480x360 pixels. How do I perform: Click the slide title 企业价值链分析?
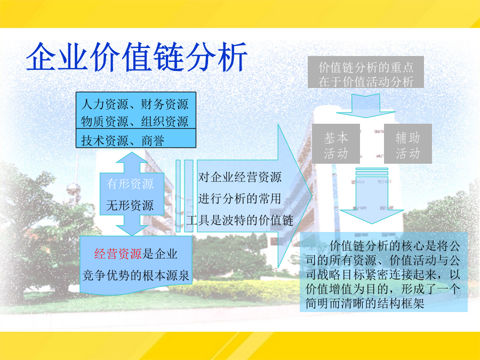[x=137, y=57]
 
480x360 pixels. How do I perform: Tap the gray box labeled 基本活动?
[x=336, y=143]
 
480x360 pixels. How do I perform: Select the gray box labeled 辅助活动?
[x=408, y=143]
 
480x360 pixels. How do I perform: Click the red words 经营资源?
[x=118, y=254]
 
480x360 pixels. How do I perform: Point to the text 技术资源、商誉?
[x=123, y=140]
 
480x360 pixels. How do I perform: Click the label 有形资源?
[x=130, y=183]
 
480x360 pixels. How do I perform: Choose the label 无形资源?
[x=130, y=205]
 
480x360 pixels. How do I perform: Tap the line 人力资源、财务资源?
[x=135, y=104]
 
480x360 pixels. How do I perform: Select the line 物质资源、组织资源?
[x=135, y=121]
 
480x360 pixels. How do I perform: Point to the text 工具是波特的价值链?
[x=239, y=220]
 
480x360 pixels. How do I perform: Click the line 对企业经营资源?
[x=239, y=177]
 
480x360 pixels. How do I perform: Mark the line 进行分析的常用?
[x=239, y=198]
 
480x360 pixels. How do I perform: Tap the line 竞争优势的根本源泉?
[x=136, y=275]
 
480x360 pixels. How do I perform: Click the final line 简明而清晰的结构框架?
[x=365, y=303]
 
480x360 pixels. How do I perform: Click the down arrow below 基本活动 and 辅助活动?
[x=372, y=196]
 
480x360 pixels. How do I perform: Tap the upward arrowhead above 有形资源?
[x=132, y=158]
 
